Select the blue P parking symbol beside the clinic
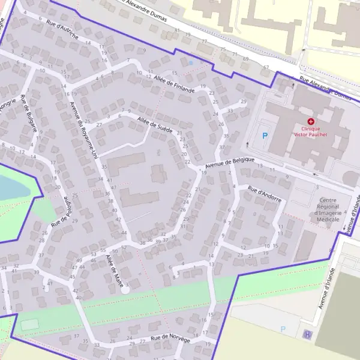tap(265, 136)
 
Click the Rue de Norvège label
tap(170, 340)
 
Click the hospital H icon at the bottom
tap(308, 335)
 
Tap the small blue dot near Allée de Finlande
tap(191, 62)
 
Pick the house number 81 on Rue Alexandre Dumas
tap(176, 30)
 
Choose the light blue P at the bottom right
tap(283, 329)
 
